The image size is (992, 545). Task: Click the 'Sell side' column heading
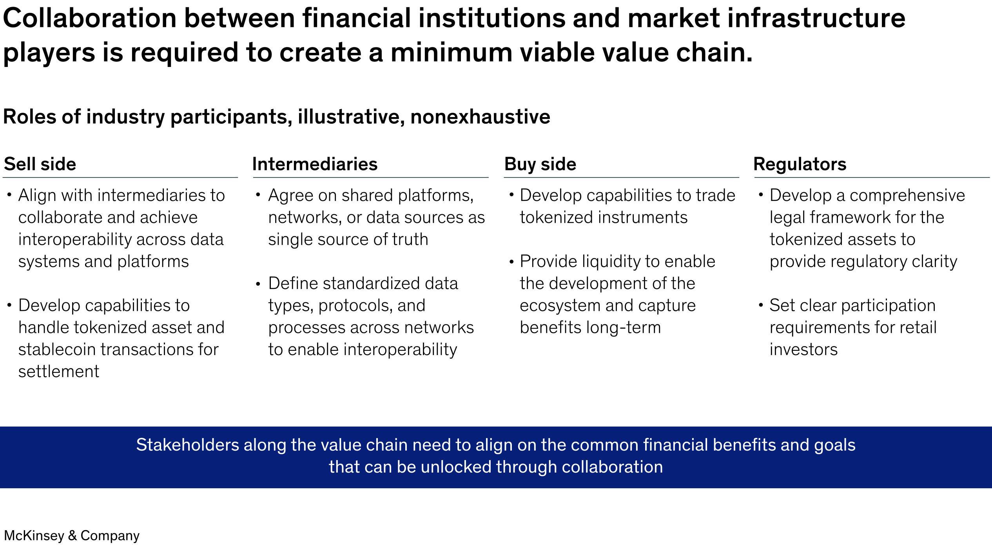40,164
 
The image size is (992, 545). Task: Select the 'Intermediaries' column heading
315,164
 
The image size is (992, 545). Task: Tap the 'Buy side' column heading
540,164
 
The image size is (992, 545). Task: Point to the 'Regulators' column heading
800,164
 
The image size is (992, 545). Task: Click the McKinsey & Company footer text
72,535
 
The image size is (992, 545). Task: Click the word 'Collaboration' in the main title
90,18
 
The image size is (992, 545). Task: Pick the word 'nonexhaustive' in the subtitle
480,117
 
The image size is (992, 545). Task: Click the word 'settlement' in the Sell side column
59,371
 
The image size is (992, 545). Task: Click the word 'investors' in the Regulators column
803,349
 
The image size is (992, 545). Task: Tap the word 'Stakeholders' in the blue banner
188,445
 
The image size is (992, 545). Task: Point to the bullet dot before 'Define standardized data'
258,284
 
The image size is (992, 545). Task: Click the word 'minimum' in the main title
451,52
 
